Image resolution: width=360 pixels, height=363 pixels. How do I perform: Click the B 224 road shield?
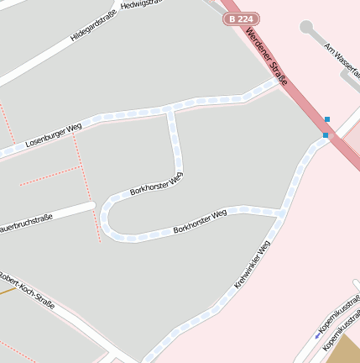[x=241, y=18]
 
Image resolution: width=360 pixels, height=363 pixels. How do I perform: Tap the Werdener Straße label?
[x=268, y=57]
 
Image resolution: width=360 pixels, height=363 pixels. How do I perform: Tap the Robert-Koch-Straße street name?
[x=28, y=290]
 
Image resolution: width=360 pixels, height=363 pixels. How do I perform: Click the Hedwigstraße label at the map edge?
[x=139, y=4]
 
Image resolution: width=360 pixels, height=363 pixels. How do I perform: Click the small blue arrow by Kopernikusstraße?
[x=317, y=335]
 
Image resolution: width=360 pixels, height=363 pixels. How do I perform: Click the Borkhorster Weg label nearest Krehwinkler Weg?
[x=200, y=221]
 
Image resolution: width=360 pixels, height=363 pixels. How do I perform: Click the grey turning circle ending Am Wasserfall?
[x=306, y=27]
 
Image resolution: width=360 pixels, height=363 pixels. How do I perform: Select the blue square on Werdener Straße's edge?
[x=326, y=134]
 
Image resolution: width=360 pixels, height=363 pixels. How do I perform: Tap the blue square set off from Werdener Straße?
[x=327, y=119]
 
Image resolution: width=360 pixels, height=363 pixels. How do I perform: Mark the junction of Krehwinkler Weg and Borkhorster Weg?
[x=279, y=213]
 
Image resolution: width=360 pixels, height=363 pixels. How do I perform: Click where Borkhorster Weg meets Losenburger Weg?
[x=171, y=108]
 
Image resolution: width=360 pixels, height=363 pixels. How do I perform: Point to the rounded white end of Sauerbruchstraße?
[x=90, y=205]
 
